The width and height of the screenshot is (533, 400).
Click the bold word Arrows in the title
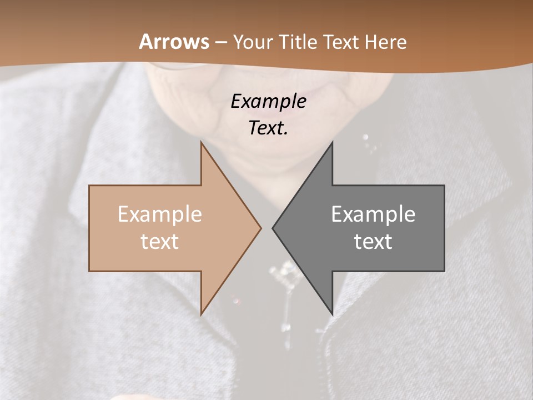point(174,42)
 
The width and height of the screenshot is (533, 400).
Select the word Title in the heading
point(300,42)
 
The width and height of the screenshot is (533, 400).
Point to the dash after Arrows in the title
point(221,42)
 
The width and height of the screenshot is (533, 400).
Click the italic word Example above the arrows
point(268,101)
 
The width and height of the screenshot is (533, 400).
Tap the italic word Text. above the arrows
point(268,128)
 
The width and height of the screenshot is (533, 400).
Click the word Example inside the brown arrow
point(160,214)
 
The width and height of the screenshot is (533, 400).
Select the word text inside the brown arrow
point(160,241)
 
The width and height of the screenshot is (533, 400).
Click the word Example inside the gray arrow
point(373,214)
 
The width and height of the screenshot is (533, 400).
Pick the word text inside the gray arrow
point(373,241)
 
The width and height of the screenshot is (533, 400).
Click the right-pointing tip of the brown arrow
point(260,228)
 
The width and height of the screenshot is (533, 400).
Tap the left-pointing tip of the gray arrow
point(273,228)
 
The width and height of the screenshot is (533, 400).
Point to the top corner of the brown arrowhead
point(201,143)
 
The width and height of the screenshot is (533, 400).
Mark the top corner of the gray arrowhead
point(332,143)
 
